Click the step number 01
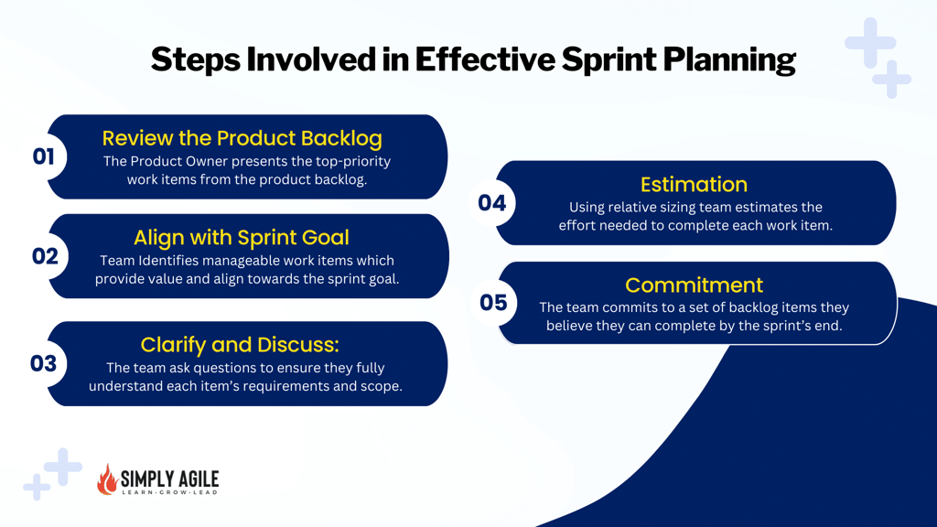pos(44,156)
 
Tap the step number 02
pos(45,256)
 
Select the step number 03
pos(44,363)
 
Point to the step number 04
pos(491,203)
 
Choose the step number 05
pos(493,302)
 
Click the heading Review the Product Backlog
pos(242,138)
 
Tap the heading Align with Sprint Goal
pos(242,238)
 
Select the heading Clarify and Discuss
pos(240,345)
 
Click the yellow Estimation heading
pos(694,184)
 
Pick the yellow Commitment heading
pos(694,285)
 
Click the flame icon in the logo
pos(107,479)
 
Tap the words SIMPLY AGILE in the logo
pos(170,478)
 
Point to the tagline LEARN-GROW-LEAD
pos(170,492)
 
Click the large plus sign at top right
pos(869,42)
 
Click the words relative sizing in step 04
pos(649,208)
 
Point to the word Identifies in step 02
pos(169,261)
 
